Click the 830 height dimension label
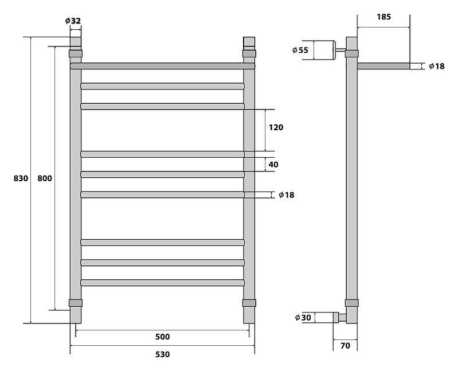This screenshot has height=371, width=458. pos(21,178)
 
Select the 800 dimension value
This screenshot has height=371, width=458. pos(45,178)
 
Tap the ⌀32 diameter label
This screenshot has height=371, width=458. pos(73,21)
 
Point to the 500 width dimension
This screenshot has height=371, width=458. pos(162,337)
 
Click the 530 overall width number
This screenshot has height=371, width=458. pos(162,354)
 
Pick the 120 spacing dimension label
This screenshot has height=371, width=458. pos(276,127)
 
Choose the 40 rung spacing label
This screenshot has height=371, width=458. pos(273,165)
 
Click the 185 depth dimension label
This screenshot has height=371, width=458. pos(384,17)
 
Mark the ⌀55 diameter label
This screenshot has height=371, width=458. pos(300,50)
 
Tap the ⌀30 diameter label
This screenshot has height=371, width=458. pos(303,318)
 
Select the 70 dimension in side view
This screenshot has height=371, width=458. pos(345,346)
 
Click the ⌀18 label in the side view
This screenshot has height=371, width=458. pos(437,67)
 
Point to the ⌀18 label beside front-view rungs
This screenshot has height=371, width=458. pos(287,195)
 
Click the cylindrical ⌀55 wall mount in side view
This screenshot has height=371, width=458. pos(324,50)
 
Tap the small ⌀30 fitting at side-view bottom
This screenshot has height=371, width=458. pos(339,318)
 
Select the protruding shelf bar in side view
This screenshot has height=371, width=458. pos(383,66)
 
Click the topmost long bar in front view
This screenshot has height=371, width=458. pos(163,66)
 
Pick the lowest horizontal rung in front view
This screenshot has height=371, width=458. pos(162,283)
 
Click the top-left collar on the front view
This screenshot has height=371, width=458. pos(76,53)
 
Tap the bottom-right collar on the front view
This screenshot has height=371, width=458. pos(249,303)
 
